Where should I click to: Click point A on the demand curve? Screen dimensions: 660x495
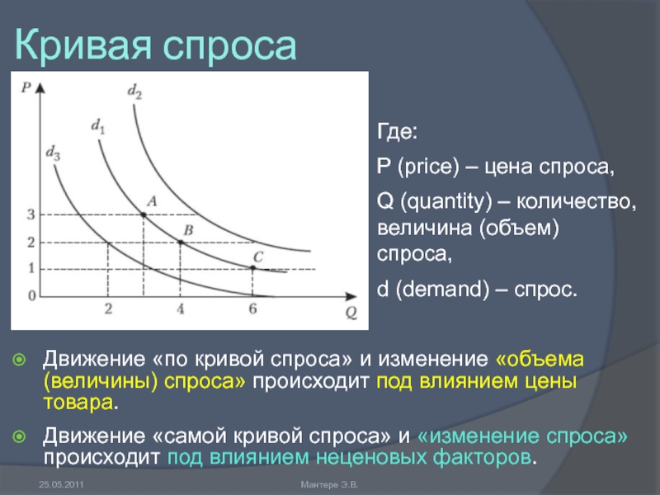[144, 214]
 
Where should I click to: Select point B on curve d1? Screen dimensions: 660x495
[181, 242]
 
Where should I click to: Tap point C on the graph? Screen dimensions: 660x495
[252, 267]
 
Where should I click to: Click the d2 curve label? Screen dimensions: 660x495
[134, 92]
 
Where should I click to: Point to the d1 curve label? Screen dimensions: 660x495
[98, 126]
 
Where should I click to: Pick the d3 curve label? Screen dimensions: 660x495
[53, 153]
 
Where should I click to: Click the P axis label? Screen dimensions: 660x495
[26, 87]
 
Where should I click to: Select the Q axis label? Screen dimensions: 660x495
[351, 313]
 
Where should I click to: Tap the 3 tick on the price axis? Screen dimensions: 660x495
[31, 214]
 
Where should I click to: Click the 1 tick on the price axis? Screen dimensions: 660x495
[31, 268]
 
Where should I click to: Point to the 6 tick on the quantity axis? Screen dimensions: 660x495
[252, 309]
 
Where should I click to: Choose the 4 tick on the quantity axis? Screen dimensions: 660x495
[181, 309]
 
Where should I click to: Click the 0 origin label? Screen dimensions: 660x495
[31, 295]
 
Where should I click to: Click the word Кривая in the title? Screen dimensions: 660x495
[82, 45]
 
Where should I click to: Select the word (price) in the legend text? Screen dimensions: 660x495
[428, 167]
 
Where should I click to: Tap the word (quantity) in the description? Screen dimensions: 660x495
[445, 201]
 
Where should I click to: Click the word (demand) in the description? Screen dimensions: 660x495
[442, 290]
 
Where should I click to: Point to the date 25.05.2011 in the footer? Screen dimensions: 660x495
[61, 484]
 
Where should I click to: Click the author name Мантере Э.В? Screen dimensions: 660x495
[329, 484]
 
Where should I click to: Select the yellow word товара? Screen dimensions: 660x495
[78, 403]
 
